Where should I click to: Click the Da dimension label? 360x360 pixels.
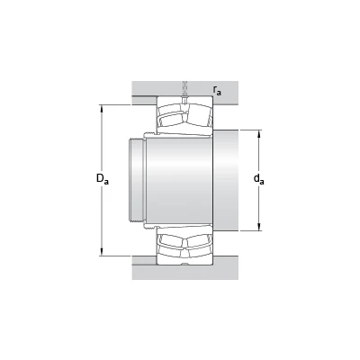[x=103, y=179]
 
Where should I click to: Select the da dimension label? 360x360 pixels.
[x=259, y=179]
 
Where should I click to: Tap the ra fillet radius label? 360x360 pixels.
[x=217, y=90]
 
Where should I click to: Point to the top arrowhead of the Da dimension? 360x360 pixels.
[x=102, y=108]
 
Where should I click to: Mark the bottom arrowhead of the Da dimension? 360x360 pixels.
[x=102, y=253]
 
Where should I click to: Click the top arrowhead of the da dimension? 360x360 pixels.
[x=259, y=134]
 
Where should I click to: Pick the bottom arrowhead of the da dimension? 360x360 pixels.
[x=259, y=227]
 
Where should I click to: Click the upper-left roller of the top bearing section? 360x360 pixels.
[x=171, y=119]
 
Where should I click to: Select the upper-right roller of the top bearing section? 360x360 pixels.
[x=198, y=117]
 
